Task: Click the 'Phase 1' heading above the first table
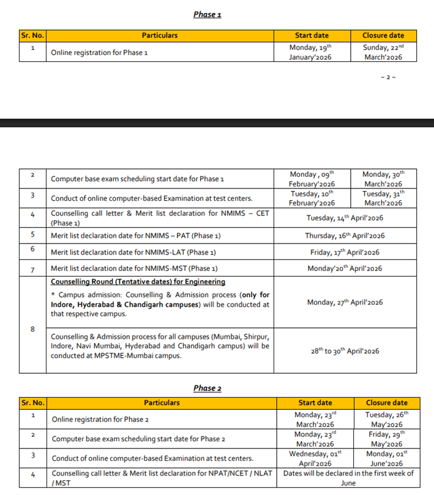pos(207,14)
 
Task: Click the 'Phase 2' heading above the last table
pos(208,388)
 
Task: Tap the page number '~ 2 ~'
pos(389,77)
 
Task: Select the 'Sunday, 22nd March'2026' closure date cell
pos(383,52)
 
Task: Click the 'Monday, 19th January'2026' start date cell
pos(312,52)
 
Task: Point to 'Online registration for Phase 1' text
pos(99,53)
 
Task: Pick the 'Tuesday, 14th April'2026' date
pos(345,218)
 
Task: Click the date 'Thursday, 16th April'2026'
pos(345,236)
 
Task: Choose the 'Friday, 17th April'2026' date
pos(345,252)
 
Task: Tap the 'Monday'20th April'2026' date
pos(345,269)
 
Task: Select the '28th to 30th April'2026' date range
pos(345,351)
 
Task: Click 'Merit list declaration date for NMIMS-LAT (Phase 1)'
pos(133,252)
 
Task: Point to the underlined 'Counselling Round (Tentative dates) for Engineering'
pos(138,282)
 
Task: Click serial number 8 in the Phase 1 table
pos(32,330)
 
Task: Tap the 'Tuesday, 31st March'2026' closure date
pos(384,198)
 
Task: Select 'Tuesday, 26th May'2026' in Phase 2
pos(387,419)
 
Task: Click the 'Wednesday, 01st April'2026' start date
pos(315,458)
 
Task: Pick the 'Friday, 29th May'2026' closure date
pos(387,439)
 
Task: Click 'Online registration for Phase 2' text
pos(100,420)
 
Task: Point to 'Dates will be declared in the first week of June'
pos(348,478)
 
